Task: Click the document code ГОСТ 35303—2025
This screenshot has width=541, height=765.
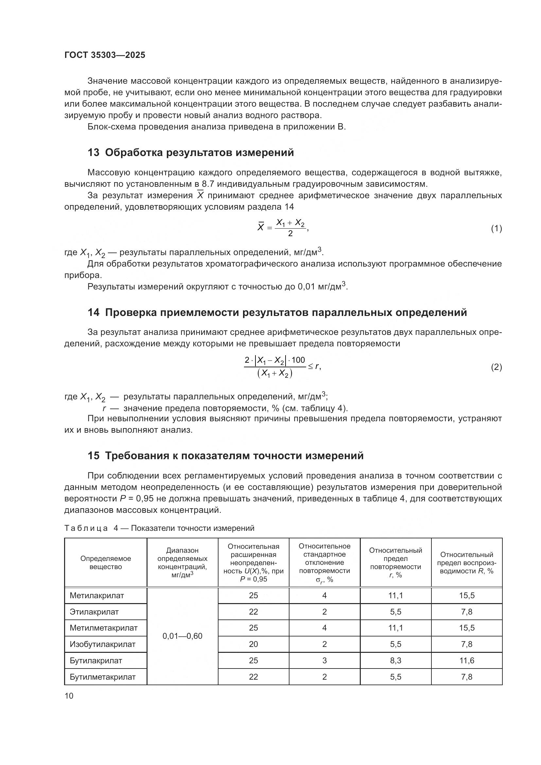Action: [x=105, y=55]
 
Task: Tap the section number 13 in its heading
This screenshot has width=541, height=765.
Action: [x=93, y=153]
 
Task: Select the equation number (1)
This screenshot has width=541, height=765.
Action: [x=497, y=229]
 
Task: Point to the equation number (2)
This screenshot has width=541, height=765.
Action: [x=497, y=367]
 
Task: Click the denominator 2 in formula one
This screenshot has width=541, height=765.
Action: [x=290, y=234]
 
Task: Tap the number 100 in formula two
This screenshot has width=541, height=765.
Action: [x=298, y=360]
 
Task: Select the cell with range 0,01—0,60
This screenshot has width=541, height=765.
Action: [x=182, y=636]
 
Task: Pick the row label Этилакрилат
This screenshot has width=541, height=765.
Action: [x=94, y=612]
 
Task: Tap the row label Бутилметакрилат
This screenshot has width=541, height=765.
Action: [x=103, y=677]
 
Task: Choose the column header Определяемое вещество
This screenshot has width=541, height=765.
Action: [x=106, y=563]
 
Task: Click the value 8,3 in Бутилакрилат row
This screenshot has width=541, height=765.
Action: [x=395, y=660]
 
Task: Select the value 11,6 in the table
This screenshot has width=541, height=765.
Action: [x=466, y=660]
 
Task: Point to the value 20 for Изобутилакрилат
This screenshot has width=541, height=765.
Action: [x=253, y=644]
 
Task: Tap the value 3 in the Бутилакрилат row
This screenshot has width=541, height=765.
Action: [x=324, y=660]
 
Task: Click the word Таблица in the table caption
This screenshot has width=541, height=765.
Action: [x=86, y=528]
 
